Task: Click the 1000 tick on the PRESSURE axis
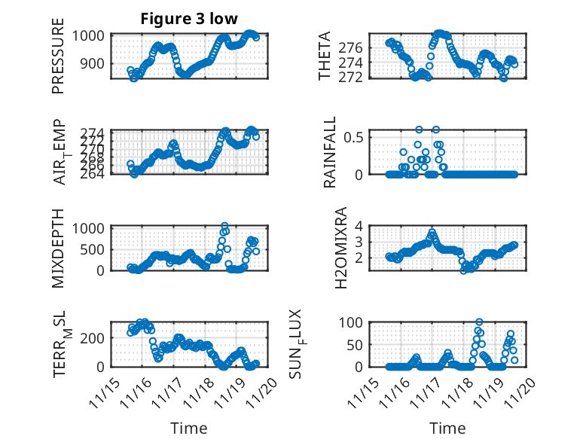click(92, 35)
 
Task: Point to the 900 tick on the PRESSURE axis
click(96, 63)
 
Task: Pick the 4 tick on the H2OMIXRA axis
click(359, 226)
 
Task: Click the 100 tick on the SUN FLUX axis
click(351, 322)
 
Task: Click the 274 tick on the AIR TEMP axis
click(96, 132)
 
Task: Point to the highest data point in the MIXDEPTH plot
click(224, 226)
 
